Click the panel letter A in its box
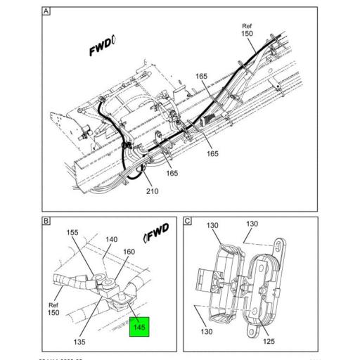(x=46, y=12)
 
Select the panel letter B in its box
(x=46, y=221)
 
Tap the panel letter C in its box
(x=188, y=221)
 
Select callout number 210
(x=152, y=191)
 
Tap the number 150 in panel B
(x=53, y=312)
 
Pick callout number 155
(x=73, y=233)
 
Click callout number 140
(x=111, y=240)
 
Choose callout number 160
(x=129, y=252)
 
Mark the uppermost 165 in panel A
(x=201, y=76)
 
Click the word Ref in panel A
(x=247, y=25)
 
